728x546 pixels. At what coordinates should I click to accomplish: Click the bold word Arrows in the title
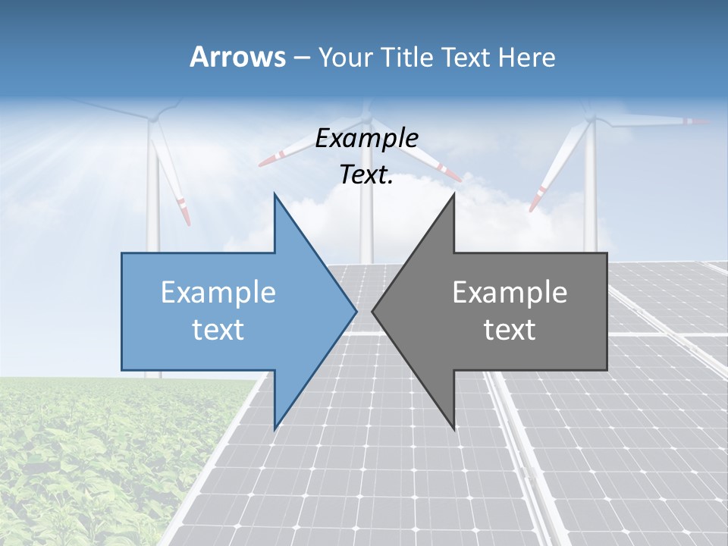pos(237,57)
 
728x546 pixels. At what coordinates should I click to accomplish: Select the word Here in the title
pos(527,57)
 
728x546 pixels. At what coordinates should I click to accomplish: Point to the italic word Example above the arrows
pos(366,138)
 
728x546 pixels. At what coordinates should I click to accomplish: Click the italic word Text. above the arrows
pos(366,175)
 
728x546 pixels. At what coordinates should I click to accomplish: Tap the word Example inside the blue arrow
pos(218,292)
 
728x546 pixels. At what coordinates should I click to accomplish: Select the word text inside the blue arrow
pos(218,329)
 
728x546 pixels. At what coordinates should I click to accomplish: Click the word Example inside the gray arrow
pos(510,292)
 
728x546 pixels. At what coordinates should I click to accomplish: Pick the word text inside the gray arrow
pos(510,329)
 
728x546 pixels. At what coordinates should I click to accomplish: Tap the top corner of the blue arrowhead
pos(275,195)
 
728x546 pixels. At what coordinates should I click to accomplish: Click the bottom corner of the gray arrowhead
pos(453,428)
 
